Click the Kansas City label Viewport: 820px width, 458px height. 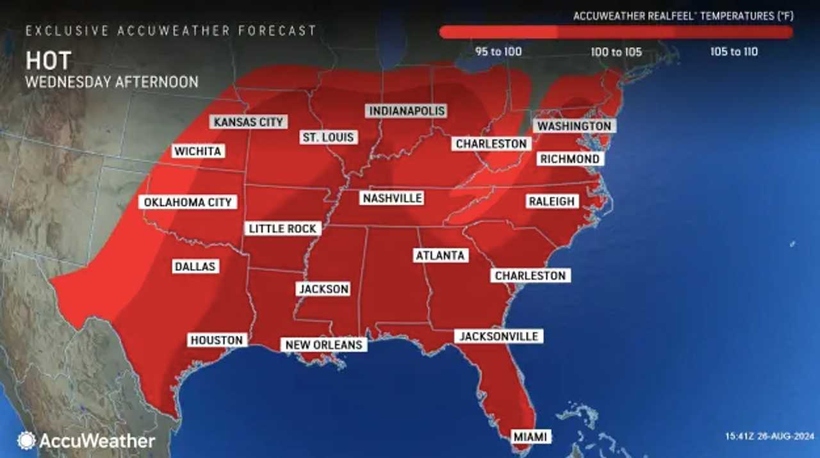point(249,122)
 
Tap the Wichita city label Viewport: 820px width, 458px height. point(198,151)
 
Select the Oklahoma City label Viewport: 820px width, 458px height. point(188,202)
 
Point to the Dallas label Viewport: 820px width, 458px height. point(195,266)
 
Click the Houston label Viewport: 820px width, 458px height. point(217,340)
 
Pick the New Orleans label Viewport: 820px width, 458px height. point(324,345)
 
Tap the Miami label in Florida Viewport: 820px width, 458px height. point(530,437)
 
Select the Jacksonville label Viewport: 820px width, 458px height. point(499,336)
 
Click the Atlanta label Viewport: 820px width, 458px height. point(440,256)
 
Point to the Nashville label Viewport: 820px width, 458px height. point(392,199)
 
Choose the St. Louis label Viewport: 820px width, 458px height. point(329,137)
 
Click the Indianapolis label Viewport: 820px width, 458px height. point(406,111)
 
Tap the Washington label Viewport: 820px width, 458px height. point(574,126)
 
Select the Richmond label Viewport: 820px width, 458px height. point(570,159)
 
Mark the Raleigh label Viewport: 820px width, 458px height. point(552,201)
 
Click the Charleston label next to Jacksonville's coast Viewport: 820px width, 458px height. point(530,275)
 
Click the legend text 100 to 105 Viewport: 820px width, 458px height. point(616,52)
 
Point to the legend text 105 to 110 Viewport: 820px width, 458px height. point(734,52)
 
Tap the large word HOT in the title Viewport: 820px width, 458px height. point(49,61)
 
